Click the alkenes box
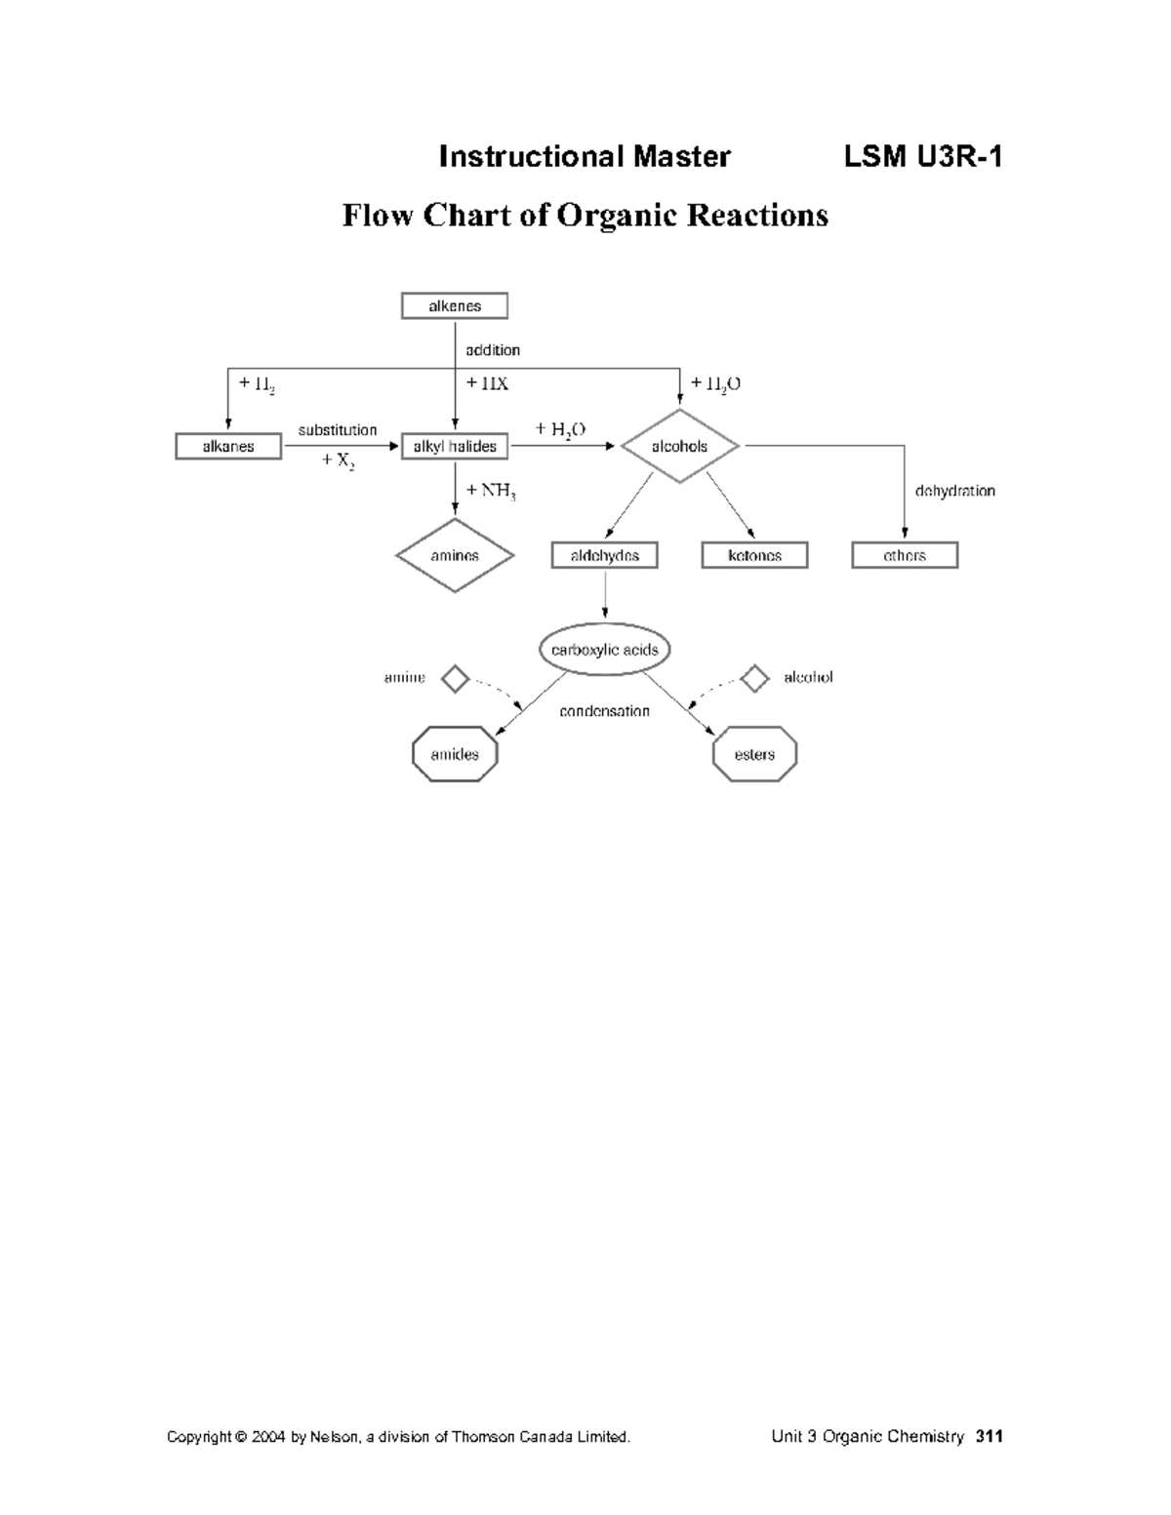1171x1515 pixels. pyautogui.click(x=455, y=306)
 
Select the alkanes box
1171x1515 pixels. pyautogui.click(x=228, y=447)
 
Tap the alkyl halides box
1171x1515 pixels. pyautogui.click(x=455, y=447)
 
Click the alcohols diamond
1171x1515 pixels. pyautogui.click(x=680, y=447)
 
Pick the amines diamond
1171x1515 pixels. pyautogui.click(x=455, y=556)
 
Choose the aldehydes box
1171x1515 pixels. pyautogui.click(x=605, y=556)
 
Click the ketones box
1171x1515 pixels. pyautogui.click(x=755, y=556)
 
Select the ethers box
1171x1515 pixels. pyautogui.click(x=905, y=556)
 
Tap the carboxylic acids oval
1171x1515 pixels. pyautogui.click(x=605, y=650)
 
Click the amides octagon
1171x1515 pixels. pyautogui.click(x=455, y=754)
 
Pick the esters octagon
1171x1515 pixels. pyautogui.click(x=755, y=754)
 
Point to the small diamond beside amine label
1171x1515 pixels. pyautogui.click(x=456, y=678)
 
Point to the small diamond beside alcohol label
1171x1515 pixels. pyautogui.click(x=754, y=678)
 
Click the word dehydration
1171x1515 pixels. pyautogui.click(x=954, y=492)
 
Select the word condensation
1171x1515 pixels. pyautogui.click(x=604, y=711)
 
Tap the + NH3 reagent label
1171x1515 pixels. pyautogui.click(x=491, y=491)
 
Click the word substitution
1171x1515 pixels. pyautogui.click(x=338, y=430)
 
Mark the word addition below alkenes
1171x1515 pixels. pyautogui.click(x=493, y=350)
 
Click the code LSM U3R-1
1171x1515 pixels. pyautogui.click(x=923, y=157)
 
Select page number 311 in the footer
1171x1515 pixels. pyautogui.click(x=989, y=1436)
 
